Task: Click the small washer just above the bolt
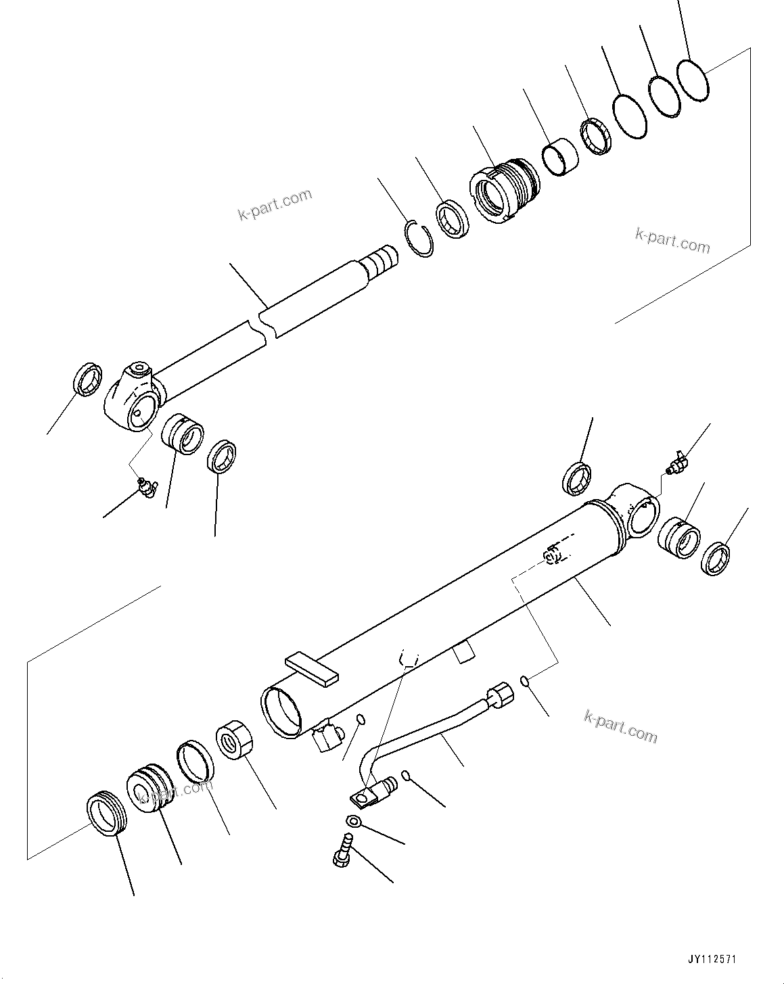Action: (x=352, y=822)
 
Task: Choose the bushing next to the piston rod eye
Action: (x=183, y=439)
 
